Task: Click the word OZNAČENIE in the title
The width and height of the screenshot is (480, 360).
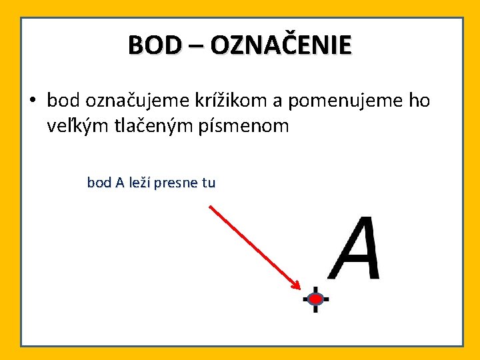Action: coord(281,45)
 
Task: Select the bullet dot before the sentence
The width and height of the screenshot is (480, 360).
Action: coord(32,101)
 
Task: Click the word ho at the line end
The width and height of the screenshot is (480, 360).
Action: coord(419,101)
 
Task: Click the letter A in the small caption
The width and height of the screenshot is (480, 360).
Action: coord(119,183)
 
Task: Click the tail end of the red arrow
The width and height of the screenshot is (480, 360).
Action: coord(210,206)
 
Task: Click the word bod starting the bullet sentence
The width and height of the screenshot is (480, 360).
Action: coord(63,101)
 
